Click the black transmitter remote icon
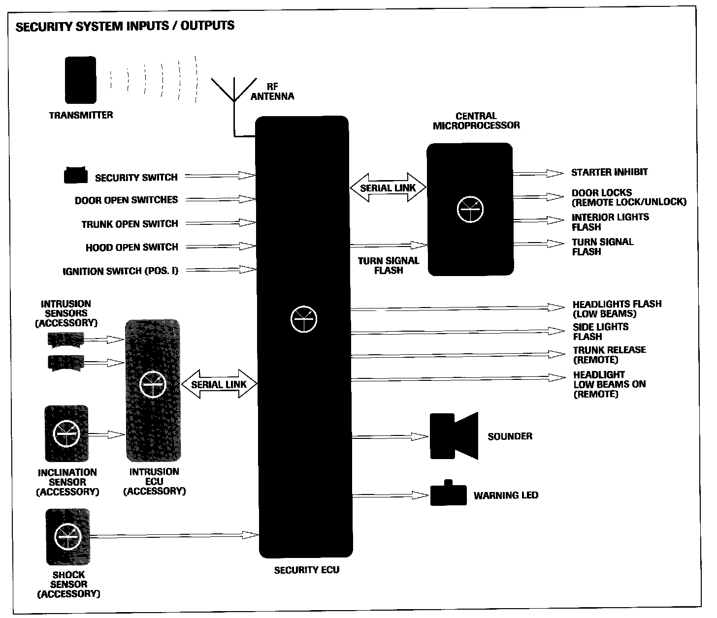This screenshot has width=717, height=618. click(x=81, y=80)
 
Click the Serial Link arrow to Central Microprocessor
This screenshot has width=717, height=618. click(x=388, y=187)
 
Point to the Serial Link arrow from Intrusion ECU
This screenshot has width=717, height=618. click(x=219, y=384)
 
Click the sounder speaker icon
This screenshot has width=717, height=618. click(x=454, y=436)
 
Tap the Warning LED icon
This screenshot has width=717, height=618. click(x=448, y=494)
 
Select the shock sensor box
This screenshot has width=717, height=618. click(x=68, y=537)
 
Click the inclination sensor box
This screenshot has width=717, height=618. click(x=66, y=433)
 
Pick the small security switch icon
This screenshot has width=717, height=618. click(x=76, y=175)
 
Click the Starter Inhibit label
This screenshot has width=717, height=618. click(x=609, y=172)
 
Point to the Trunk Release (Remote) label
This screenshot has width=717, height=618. click(x=609, y=354)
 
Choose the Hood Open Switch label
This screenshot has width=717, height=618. click(x=132, y=247)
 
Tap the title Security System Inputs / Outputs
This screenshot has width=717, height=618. click(x=125, y=26)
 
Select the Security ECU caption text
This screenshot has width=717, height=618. click(x=306, y=570)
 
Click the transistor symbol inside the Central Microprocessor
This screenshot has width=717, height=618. click(x=470, y=210)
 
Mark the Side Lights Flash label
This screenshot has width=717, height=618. click(x=600, y=332)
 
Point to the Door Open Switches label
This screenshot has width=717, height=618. click(x=127, y=200)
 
